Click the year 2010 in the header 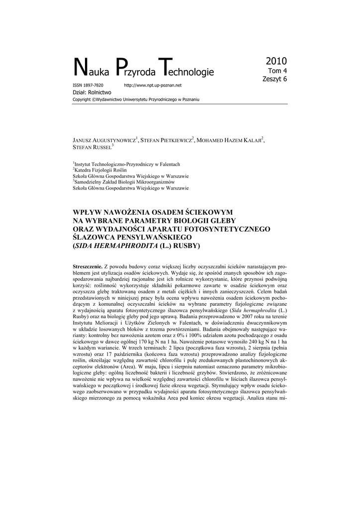276,61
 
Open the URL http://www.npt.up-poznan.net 156,85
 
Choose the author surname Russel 101,148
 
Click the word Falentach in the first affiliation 168,165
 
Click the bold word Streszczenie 88,267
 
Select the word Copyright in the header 82,99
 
